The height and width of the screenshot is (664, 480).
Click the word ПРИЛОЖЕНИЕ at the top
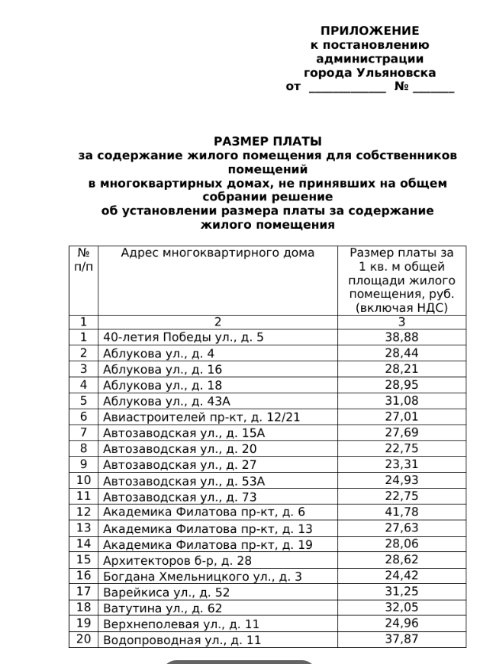369,31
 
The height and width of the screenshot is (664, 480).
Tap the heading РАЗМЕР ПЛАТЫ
267,142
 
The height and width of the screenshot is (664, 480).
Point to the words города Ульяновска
369,73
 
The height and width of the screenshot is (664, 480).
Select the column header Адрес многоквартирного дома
217,253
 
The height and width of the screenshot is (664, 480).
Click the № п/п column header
83,260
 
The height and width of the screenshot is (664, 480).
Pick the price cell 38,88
401,336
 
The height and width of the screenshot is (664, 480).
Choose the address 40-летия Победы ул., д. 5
183,336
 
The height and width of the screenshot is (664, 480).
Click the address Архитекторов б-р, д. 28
176,560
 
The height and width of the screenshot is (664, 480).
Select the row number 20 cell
83,639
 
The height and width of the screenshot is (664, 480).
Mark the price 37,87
401,639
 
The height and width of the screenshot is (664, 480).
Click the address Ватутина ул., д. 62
163,608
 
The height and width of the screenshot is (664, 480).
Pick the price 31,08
401,399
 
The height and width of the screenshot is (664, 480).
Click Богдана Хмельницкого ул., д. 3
202,576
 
